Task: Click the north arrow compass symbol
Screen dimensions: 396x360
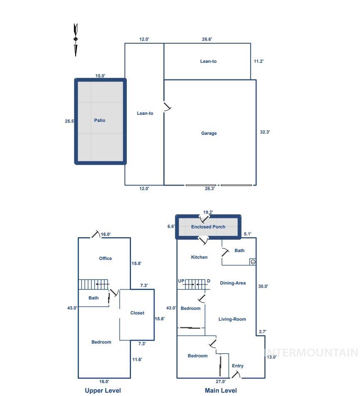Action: (76, 40)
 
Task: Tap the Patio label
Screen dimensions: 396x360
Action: (100, 120)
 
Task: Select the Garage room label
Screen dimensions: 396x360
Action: (209, 133)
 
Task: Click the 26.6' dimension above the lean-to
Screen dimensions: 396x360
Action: (207, 39)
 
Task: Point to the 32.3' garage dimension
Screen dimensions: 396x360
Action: (265, 132)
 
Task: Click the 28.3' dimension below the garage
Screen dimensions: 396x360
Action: (210, 188)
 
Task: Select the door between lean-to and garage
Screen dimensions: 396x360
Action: (167, 107)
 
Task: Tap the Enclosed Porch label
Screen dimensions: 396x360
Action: (208, 227)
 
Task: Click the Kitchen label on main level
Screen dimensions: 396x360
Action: (199, 257)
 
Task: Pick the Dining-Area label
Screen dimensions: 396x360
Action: (233, 283)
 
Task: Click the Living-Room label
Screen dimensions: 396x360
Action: (232, 319)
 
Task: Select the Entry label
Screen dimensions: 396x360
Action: (238, 366)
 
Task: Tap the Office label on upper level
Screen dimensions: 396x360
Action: (105, 258)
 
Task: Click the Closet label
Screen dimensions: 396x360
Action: (137, 313)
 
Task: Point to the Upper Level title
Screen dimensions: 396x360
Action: (103, 391)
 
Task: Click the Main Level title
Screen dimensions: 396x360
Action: (221, 391)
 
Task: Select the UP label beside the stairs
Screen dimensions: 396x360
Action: (181, 281)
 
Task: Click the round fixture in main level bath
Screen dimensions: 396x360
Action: (252, 262)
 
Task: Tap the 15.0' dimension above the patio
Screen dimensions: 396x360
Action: (100, 76)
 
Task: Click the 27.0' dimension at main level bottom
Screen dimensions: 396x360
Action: (221, 381)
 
